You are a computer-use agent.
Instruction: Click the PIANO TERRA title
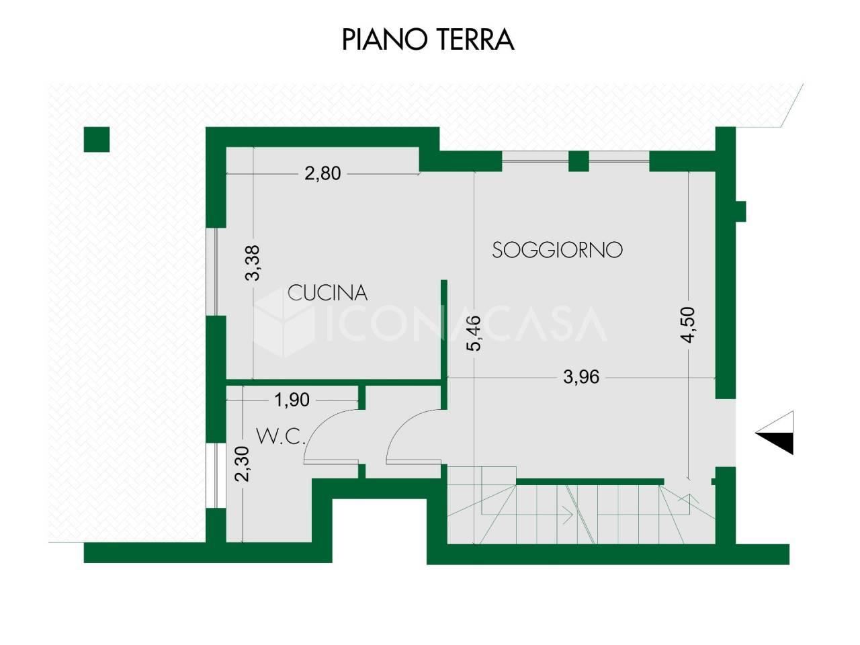[428, 40]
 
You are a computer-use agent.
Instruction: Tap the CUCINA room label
[328, 292]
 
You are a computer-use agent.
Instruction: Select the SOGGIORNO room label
[557, 250]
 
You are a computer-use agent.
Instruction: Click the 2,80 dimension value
[323, 173]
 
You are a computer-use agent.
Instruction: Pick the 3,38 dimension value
[253, 263]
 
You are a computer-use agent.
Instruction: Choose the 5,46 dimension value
[474, 333]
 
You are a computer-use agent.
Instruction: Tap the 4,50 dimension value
[689, 325]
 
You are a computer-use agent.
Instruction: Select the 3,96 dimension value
[581, 377]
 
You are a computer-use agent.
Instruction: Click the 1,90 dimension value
[292, 400]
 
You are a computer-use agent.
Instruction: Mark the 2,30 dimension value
[242, 464]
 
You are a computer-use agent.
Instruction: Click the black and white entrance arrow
[775, 433]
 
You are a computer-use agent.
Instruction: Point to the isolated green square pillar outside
[97, 140]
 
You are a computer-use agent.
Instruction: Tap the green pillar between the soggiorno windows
[578, 161]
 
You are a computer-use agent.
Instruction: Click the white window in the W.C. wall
[211, 476]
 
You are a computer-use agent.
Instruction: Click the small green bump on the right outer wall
[740, 212]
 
